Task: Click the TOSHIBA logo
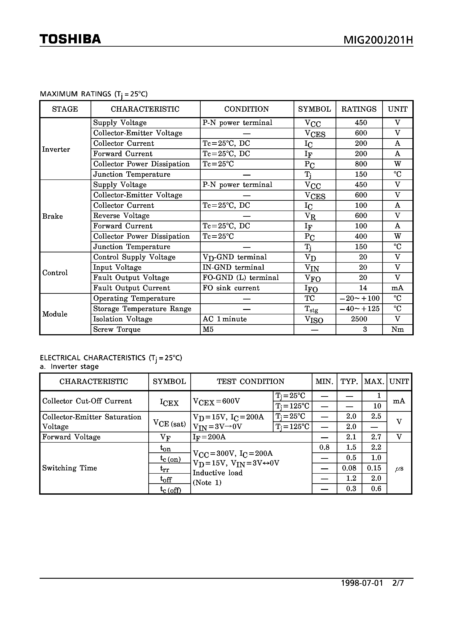[x=70, y=39]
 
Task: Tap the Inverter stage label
[x=56, y=149]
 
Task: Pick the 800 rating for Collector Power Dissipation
[x=361, y=164]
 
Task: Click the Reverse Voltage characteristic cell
[x=121, y=215]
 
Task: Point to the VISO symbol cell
[x=314, y=319]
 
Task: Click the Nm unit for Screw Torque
[x=397, y=329]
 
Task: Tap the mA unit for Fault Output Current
[x=397, y=288]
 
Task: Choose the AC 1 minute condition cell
[x=225, y=319]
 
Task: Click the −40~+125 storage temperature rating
[x=359, y=309]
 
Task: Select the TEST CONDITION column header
[x=251, y=381]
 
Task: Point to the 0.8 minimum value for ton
[x=324, y=447]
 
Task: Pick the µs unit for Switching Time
[x=399, y=469]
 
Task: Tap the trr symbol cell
[x=165, y=469]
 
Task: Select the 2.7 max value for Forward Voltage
[x=376, y=437]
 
